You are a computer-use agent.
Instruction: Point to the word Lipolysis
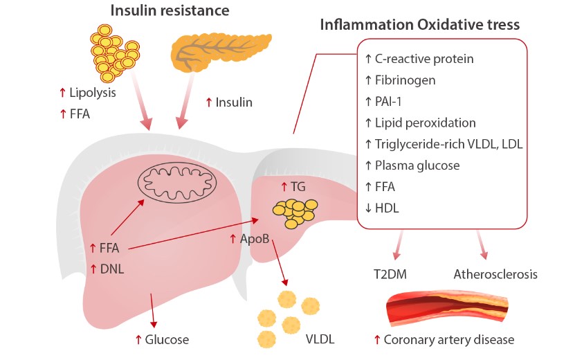pyautogui.click(x=92, y=92)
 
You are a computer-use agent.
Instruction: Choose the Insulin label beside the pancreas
pyautogui.click(x=234, y=102)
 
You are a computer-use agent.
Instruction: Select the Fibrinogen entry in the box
pyautogui.click(x=405, y=80)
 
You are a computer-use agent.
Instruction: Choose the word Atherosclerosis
pyautogui.click(x=495, y=275)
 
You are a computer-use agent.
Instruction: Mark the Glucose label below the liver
pyautogui.click(x=166, y=340)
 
